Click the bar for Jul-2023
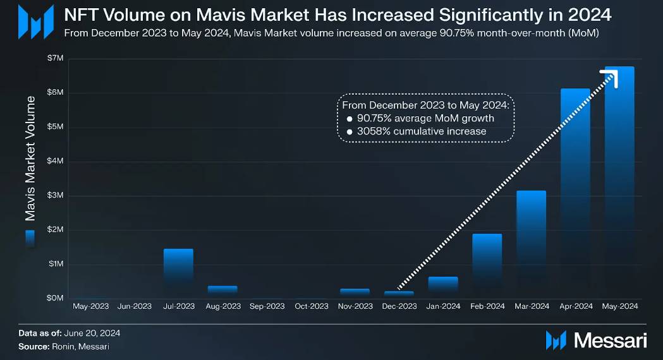coord(178,273)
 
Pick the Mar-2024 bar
coord(531,246)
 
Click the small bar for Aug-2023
coord(222,290)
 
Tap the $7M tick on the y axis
coord(55,58)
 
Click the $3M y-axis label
coord(55,195)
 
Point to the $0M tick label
coord(55,297)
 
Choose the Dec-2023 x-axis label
coord(399,306)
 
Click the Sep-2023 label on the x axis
coord(267,306)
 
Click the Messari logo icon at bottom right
coord(556,340)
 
